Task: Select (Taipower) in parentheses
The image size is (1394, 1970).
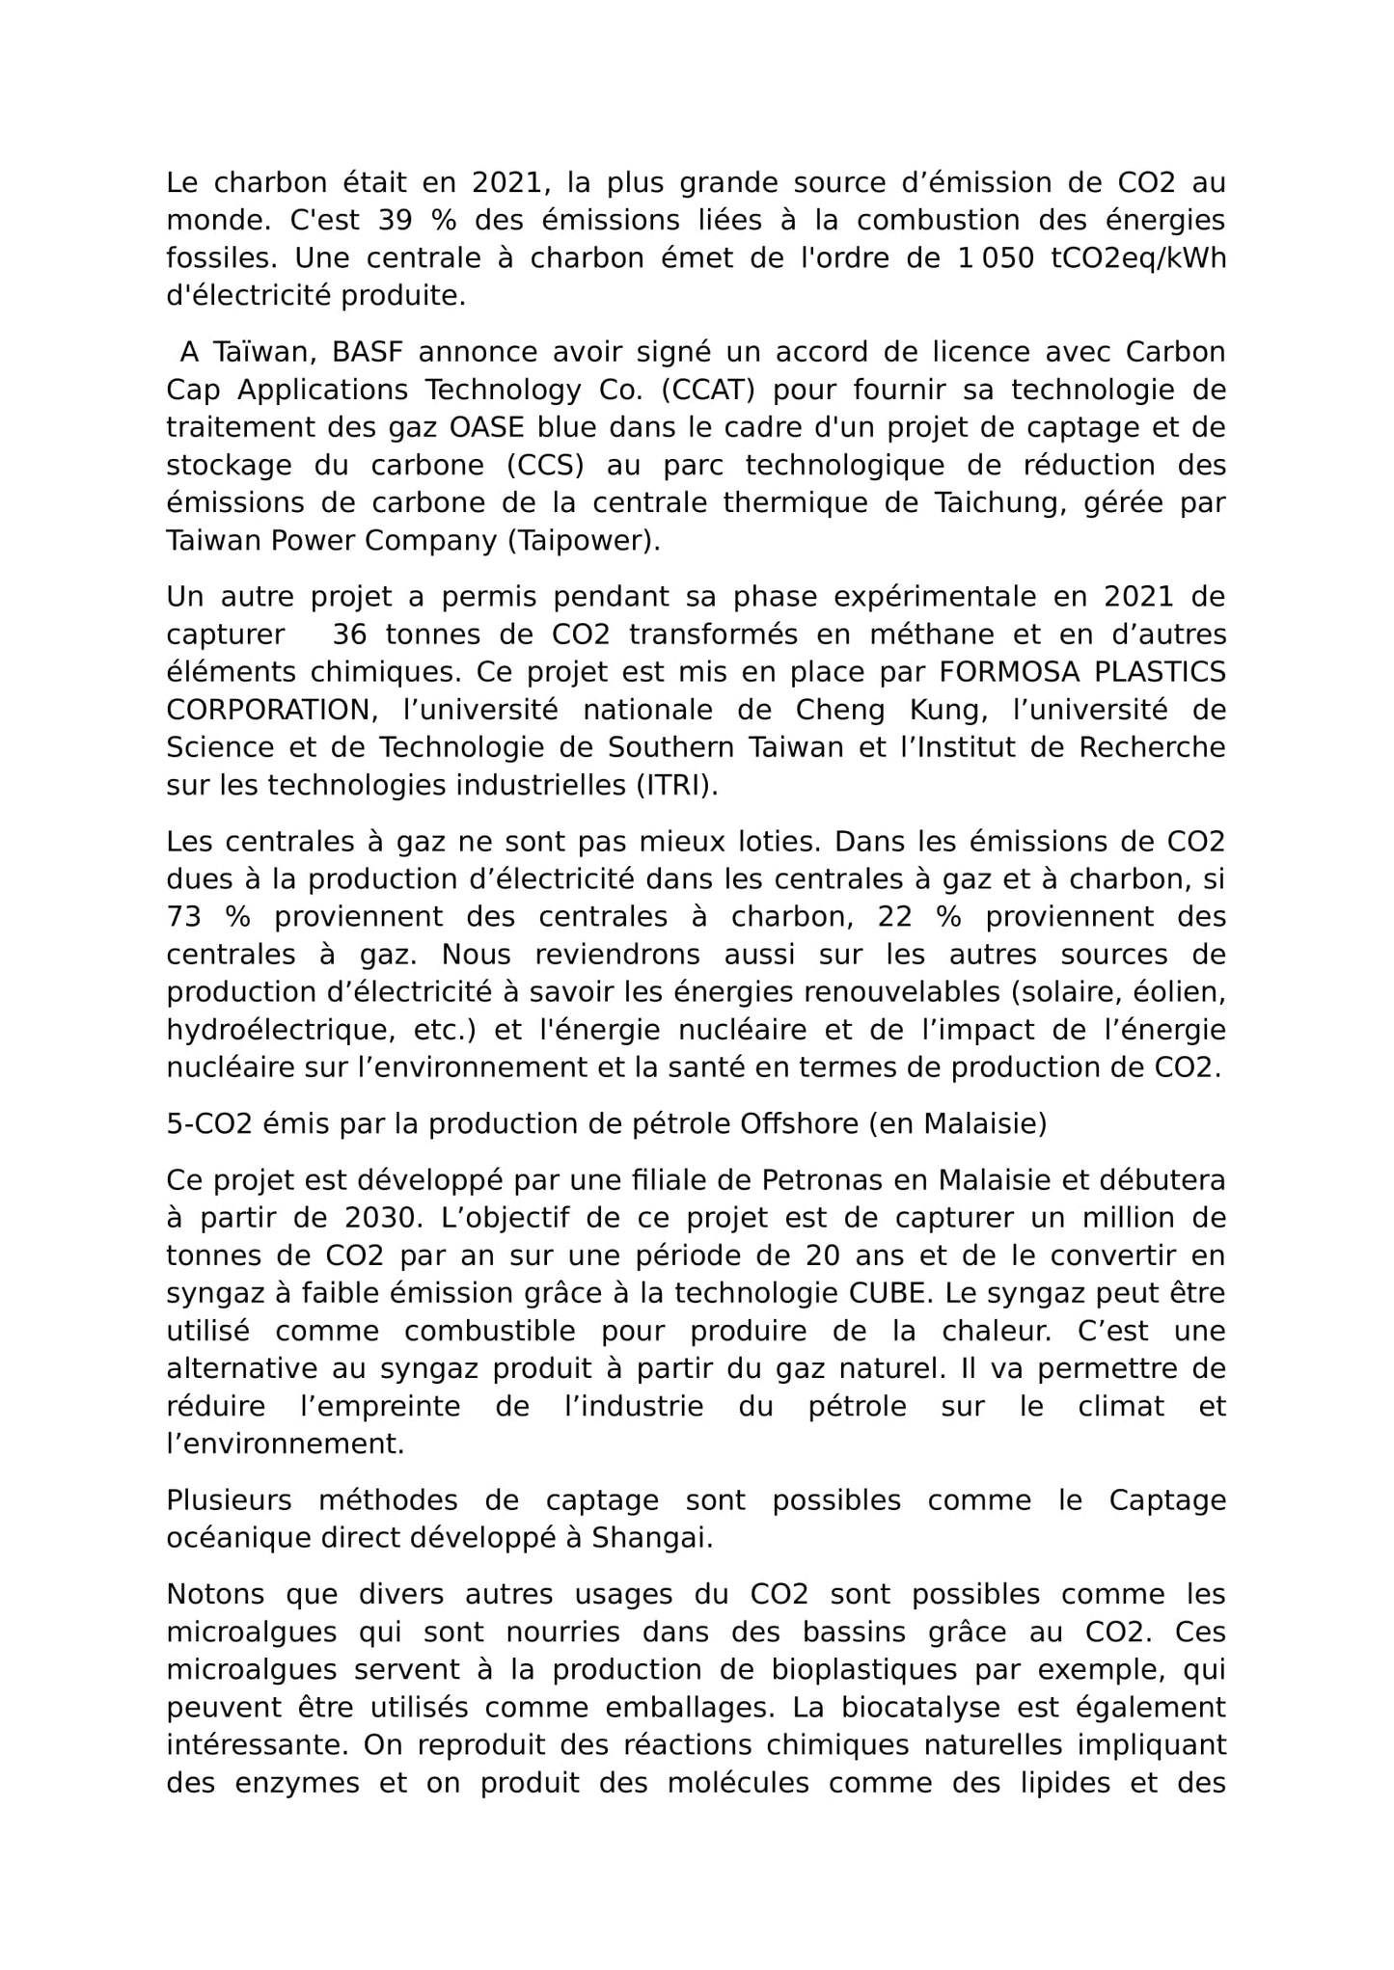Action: [584, 541]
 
